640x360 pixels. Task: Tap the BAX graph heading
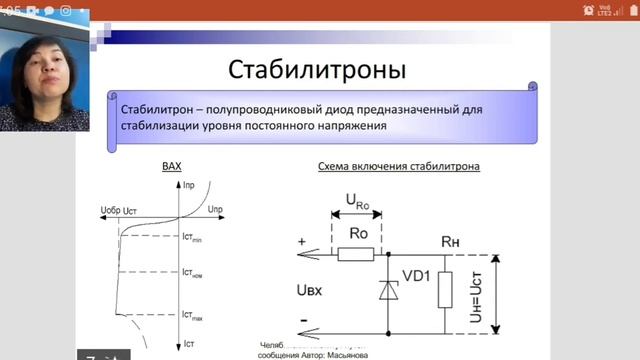click(172, 166)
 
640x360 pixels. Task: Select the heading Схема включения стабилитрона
click(398, 166)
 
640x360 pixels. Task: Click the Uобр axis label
click(116, 208)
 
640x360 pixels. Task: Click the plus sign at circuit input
click(300, 241)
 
